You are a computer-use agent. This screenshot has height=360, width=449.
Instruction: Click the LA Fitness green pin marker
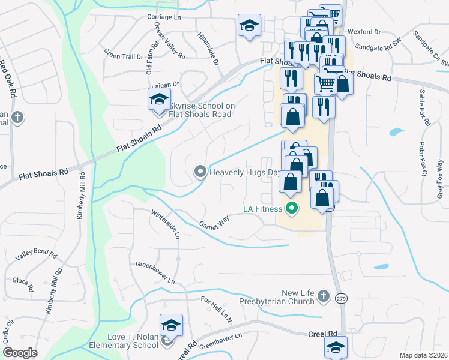click(x=292, y=209)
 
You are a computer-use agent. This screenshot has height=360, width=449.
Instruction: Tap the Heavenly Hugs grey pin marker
click(x=200, y=172)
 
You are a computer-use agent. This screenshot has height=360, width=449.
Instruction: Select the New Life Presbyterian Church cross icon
click(x=323, y=295)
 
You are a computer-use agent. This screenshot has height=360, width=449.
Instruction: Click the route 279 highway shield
click(x=342, y=299)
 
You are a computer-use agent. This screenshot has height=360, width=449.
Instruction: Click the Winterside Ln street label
click(x=166, y=224)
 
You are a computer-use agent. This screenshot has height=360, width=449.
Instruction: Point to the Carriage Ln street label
click(x=163, y=17)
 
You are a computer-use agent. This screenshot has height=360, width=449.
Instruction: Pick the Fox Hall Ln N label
click(x=217, y=308)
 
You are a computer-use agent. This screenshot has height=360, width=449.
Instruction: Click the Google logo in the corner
click(x=20, y=353)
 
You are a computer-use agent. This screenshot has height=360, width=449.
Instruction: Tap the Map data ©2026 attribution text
click(x=424, y=355)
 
